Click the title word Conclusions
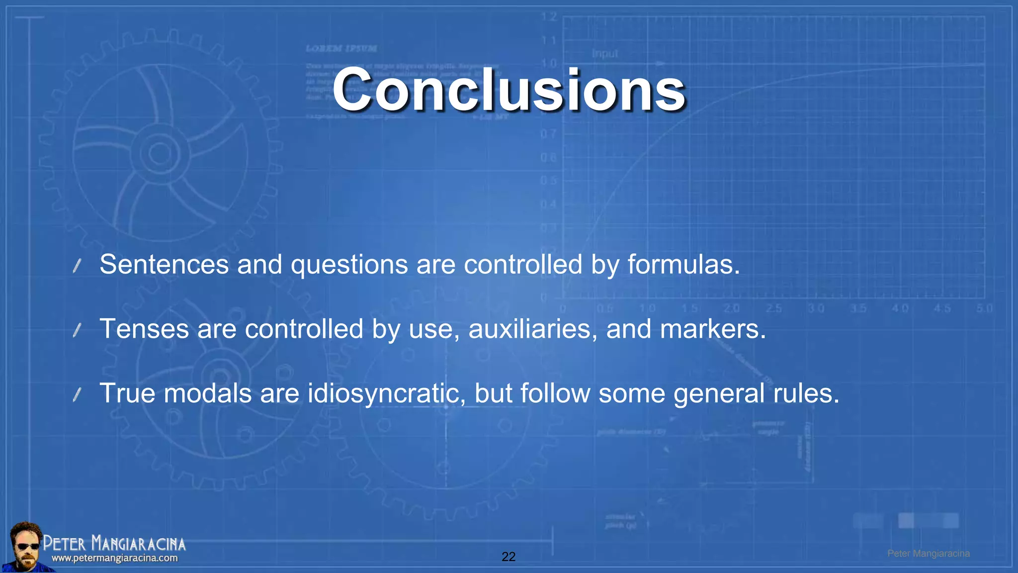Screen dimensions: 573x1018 [x=509, y=91]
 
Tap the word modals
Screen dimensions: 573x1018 [x=208, y=393]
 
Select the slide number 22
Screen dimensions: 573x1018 [x=509, y=557]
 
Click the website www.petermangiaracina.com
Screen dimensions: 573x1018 [x=114, y=558]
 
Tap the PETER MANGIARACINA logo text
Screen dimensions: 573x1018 [x=114, y=543]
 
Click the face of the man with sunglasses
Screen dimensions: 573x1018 [x=26, y=546]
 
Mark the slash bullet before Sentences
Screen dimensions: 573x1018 [x=77, y=266]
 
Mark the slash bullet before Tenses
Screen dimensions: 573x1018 [x=77, y=330]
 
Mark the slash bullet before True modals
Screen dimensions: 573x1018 [x=77, y=395]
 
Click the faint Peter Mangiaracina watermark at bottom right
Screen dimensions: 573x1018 [x=929, y=554]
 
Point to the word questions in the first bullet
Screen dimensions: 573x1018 [x=349, y=264]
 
